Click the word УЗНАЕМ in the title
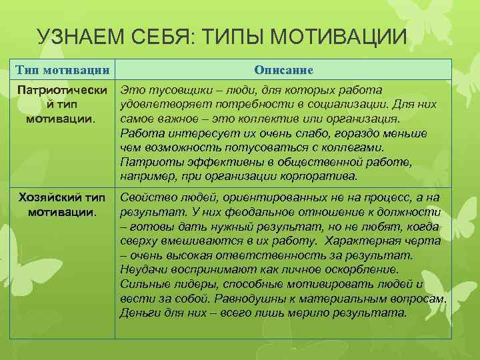click(79, 37)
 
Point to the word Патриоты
click(147, 162)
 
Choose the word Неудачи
click(143, 270)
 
